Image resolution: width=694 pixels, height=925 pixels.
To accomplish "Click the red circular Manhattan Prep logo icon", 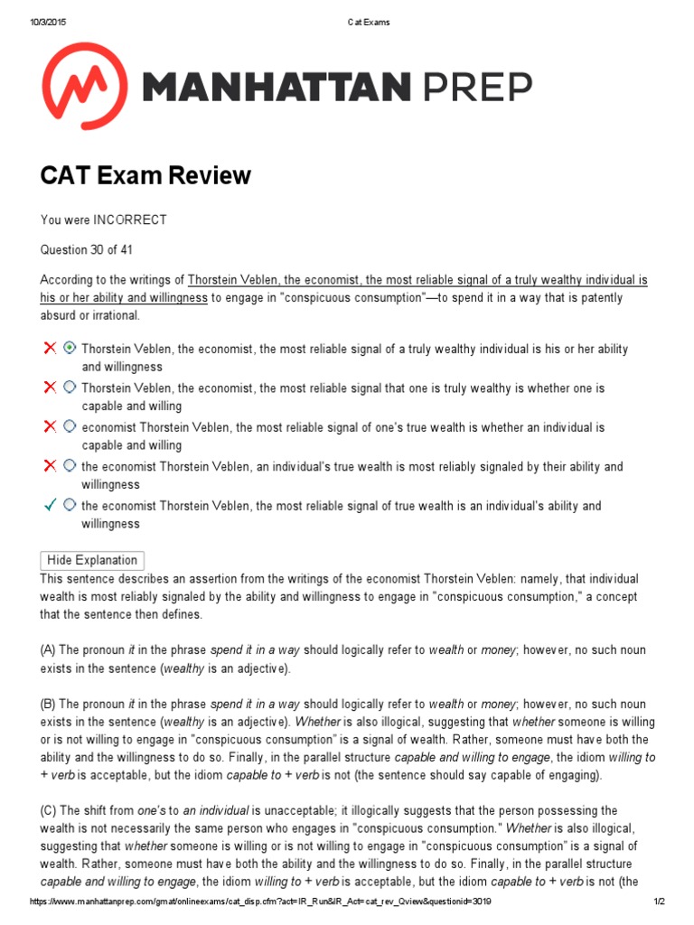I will pyautogui.click(x=86, y=86).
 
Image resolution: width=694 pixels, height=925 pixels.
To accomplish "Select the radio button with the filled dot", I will pyautogui.click(x=70, y=348).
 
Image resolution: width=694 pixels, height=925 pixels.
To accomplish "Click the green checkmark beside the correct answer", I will pyautogui.click(x=50, y=505).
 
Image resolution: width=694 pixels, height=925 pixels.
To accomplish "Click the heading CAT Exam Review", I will pyautogui.click(x=145, y=175).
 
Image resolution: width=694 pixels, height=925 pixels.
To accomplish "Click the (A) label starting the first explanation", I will pyautogui.click(x=48, y=650).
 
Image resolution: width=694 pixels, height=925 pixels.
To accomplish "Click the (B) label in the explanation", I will pyautogui.click(x=48, y=704).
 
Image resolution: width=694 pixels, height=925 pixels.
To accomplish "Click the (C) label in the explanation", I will pyautogui.click(x=48, y=810).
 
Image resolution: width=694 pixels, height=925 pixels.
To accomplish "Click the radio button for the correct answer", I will pyautogui.click(x=70, y=505).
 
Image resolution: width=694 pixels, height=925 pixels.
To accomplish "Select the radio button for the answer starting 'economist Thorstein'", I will pyautogui.click(x=70, y=426).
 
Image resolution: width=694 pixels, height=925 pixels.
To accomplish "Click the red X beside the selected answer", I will pyautogui.click(x=50, y=348).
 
